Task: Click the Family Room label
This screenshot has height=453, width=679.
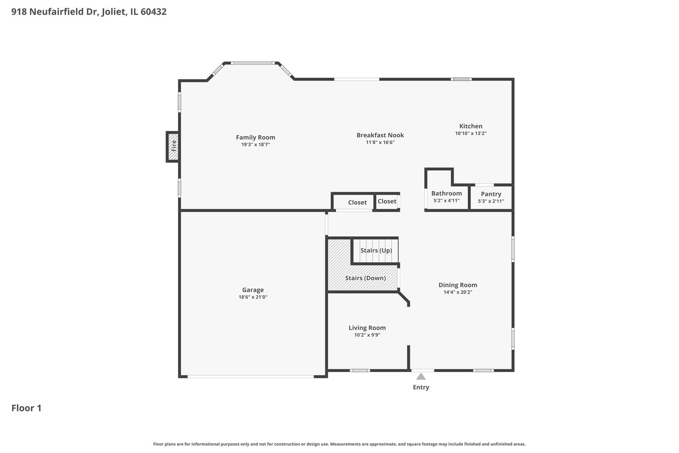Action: pos(255,137)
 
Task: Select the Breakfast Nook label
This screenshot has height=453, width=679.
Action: pos(380,135)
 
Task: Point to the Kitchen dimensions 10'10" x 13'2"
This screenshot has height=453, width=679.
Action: pos(471,133)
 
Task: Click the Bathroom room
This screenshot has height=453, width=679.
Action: pos(446,197)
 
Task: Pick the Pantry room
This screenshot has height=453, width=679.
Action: pos(491,197)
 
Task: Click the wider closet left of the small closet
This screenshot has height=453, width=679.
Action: pos(357,202)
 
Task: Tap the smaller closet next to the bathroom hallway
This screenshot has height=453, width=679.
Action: pos(386,201)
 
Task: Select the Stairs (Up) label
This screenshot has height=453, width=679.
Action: pos(376,250)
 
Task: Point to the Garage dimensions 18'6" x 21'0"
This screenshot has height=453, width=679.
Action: pos(253,297)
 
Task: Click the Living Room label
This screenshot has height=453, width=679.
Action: pos(367,328)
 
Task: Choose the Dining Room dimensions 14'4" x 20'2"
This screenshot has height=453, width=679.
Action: pos(458,292)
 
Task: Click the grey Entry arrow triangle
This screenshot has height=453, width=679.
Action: pos(421,377)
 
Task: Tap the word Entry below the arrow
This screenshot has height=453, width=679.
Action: pos(421,387)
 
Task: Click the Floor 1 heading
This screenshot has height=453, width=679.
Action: pos(26,408)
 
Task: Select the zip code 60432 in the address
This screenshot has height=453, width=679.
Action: pos(153,12)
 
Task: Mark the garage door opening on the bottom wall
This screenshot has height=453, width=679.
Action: pos(250,376)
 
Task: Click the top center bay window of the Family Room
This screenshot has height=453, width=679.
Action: pos(253,63)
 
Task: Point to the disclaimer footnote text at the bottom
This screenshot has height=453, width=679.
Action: pos(339,444)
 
